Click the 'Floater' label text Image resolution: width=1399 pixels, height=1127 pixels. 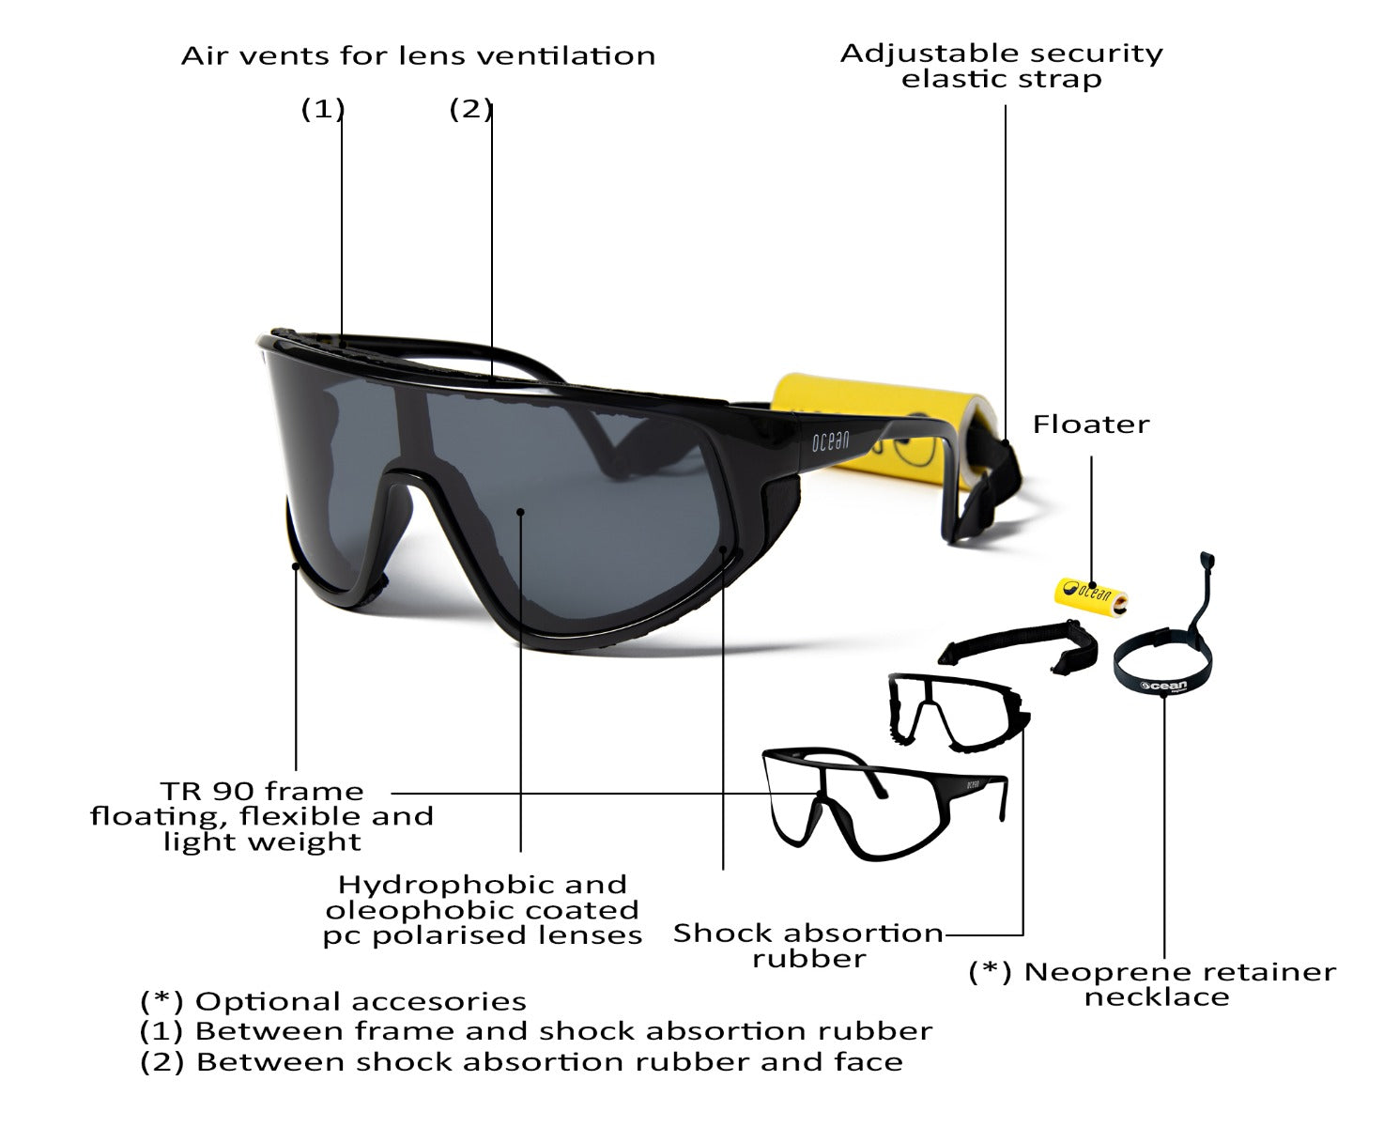tap(1091, 425)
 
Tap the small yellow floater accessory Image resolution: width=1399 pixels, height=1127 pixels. tap(1091, 595)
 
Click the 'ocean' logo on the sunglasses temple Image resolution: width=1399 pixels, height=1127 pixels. tap(830, 441)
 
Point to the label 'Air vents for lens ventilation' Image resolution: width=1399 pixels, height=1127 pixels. tap(418, 56)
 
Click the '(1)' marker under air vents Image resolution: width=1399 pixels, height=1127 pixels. tap(322, 109)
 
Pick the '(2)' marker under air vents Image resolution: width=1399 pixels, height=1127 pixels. tap(470, 109)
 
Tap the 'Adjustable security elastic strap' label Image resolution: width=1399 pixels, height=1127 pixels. tap(1002, 66)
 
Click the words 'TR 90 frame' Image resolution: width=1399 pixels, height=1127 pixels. tap(261, 792)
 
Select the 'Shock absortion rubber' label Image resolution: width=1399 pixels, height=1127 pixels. tap(808, 947)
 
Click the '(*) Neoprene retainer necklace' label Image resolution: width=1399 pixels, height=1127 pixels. tap(1152, 984)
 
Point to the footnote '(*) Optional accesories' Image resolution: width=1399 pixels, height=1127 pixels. tap(332, 1002)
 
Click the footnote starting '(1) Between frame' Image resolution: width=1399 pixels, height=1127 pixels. tap(536, 1032)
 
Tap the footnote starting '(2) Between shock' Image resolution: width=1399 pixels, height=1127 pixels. tap(521, 1062)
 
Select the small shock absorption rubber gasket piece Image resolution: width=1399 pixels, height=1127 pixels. tap(959, 713)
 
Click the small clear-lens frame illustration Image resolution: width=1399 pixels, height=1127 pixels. tap(884, 805)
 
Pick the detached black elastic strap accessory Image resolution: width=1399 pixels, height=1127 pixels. tap(1019, 646)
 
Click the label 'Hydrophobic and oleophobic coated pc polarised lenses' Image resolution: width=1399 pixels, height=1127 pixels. tap(483, 910)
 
